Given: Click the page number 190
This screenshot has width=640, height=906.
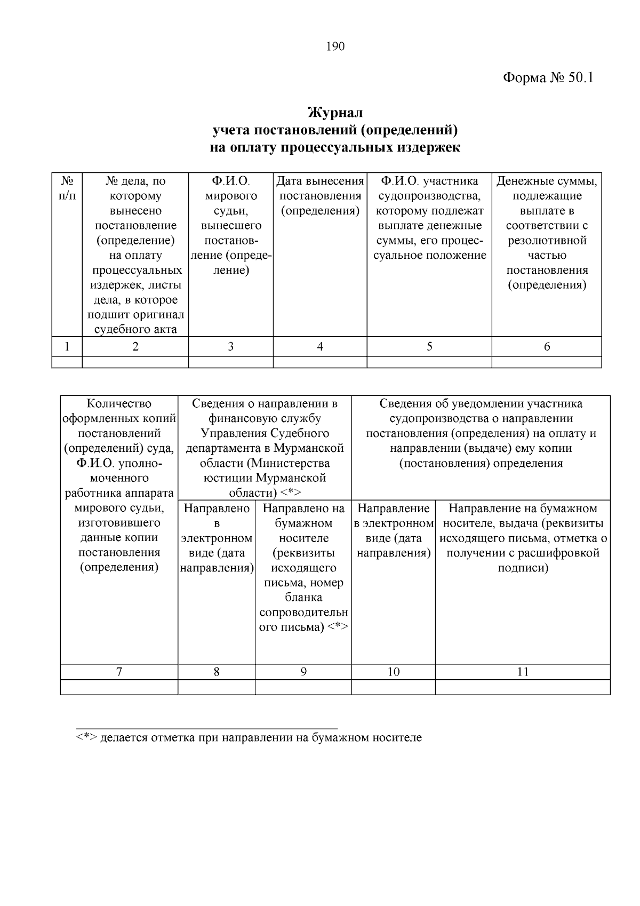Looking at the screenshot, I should (335, 46).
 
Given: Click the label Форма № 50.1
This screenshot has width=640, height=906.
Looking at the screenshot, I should (548, 78).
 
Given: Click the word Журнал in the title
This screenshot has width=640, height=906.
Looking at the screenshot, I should (335, 113).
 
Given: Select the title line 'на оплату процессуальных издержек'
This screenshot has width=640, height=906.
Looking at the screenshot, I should (335, 148).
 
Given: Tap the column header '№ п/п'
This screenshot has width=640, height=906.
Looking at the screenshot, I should (67, 188).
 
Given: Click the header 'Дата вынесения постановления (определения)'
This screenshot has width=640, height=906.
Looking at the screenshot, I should (320, 196).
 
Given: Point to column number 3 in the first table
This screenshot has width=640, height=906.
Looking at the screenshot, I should (230, 347).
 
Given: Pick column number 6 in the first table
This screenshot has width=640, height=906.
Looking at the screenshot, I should (547, 347).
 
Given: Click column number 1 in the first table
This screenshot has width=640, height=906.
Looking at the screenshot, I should (67, 347).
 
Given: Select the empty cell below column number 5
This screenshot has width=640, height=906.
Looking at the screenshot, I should (429, 363).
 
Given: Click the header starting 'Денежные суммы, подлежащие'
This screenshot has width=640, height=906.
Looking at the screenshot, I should (547, 233).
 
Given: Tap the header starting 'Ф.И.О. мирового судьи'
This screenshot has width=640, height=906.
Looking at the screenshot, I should (230, 225).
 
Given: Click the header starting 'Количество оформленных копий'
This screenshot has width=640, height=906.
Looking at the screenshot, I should (119, 485).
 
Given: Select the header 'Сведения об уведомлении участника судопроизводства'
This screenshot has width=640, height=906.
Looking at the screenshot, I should (481, 433).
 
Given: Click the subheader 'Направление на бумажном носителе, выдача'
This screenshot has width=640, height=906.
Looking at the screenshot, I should (523, 538).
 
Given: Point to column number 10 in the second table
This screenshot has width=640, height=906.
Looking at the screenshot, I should (393, 672).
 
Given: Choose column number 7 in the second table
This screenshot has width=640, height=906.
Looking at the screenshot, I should (119, 672).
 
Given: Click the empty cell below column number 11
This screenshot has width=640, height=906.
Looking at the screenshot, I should (523, 687).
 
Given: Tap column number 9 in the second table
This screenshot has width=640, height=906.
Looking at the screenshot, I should (303, 672).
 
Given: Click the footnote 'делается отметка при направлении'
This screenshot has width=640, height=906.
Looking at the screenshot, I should (249, 738).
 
